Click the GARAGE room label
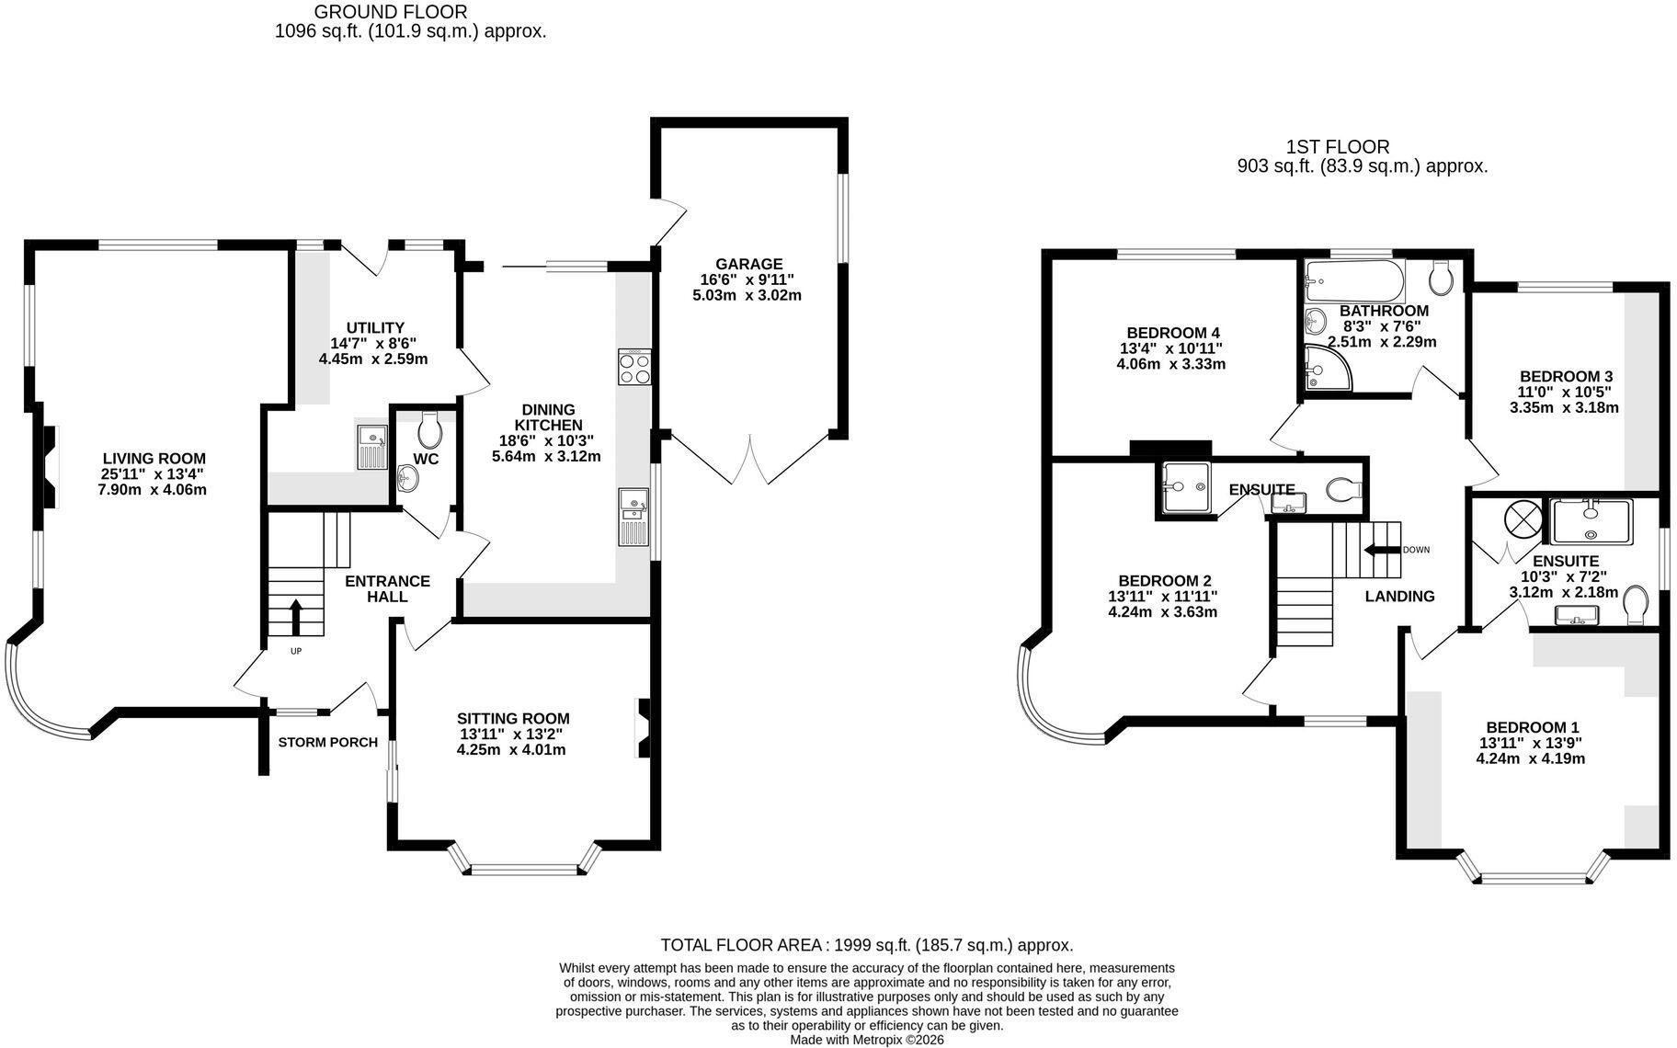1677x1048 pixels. click(749, 264)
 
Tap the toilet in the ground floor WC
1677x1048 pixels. click(429, 427)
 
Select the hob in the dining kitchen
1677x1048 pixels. click(634, 368)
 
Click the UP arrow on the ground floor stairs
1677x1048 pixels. click(296, 617)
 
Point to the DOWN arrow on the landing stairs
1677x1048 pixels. click(1381, 551)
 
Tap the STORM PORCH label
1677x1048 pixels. click(328, 743)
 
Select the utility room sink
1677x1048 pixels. click(372, 448)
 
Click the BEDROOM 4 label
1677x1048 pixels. click(1173, 333)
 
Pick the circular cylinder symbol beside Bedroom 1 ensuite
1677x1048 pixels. click(1522, 519)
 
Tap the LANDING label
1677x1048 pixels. click(1399, 597)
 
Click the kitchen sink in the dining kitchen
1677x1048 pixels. click(634, 518)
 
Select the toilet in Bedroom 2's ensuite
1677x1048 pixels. click(1345, 489)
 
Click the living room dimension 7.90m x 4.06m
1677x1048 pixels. click(153, 490)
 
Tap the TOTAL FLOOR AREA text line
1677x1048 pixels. click(867, 945)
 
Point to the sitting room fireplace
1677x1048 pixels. click(645, 729)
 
